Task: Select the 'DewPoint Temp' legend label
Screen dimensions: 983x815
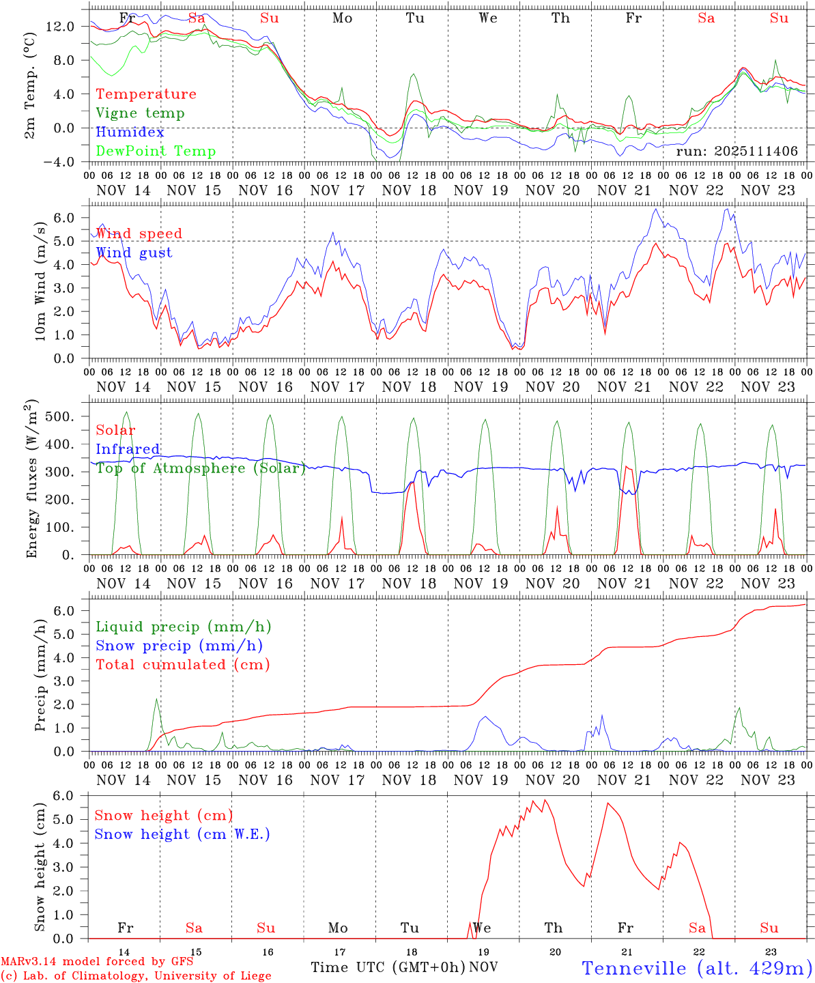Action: (x=156, y=152)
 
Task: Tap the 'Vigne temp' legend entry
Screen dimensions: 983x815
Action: (x=140, y=113)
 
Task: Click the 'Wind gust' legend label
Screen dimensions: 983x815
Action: (x=134, y=253)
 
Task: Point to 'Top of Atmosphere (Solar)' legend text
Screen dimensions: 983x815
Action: (x=201, y=468)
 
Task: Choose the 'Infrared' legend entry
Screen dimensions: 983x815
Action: (x=128, y=449)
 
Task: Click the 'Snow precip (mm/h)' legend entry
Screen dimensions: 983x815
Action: (x=179, y=646)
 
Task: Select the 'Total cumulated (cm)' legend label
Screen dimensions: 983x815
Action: (x=182, y=665)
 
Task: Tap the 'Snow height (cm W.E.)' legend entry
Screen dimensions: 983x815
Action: (x=182, y=834)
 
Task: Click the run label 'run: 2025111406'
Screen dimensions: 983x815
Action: (x=737, y=152)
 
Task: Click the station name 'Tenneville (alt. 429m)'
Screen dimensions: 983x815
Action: (x=696, y=968)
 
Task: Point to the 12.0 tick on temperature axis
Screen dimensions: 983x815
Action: (x=61, y=27)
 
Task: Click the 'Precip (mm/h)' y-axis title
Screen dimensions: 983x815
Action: (x=41, y=676)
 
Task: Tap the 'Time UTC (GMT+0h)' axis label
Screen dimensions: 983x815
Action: (x=388, y=967)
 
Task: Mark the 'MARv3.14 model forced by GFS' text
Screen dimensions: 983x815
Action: (x=97, y=962)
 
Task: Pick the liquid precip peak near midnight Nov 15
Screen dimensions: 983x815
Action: (x=156, y=700)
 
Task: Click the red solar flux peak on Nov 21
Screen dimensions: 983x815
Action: (x=627, y=467)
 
